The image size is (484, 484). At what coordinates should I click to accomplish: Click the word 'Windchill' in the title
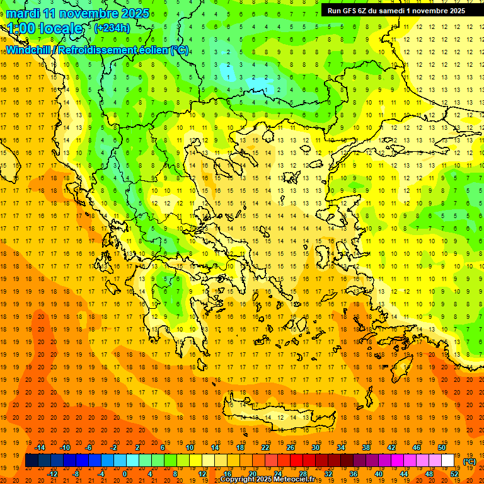pos(28,50)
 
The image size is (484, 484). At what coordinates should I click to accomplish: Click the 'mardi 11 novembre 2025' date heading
pos(78,13)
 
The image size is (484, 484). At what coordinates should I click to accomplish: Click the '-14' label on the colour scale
pos(41,447)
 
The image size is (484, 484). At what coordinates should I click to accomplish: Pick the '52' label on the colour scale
pos(454,474)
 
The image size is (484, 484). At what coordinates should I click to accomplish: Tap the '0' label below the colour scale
pos(124,474)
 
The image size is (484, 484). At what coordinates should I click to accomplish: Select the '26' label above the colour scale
pos(291,447)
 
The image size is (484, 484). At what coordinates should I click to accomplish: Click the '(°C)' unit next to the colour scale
pos(470,461)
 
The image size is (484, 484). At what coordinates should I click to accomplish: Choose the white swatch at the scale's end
pos(447,461)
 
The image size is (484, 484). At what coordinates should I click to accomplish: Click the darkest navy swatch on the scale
pos(32,461)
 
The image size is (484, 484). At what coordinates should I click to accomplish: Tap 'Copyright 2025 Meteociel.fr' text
pos(268,480)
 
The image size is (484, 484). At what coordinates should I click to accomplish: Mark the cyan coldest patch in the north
pos(258,83)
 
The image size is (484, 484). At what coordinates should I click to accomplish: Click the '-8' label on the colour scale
pos(76,474)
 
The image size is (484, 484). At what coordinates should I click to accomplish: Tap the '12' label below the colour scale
pos(202,474)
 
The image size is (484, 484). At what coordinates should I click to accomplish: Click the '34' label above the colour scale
pos(341,447)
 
